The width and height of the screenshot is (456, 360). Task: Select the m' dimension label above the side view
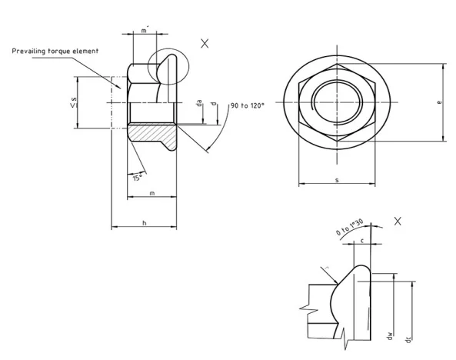tap(145, 31)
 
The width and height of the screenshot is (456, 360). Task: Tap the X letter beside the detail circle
tap(205, 44)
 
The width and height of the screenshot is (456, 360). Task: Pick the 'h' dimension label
tap(145, 222)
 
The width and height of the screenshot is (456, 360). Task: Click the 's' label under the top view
tap(337, 179)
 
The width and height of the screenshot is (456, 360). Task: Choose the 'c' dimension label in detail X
tap(361, 241)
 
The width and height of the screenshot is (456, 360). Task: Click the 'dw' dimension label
tap(391, 336)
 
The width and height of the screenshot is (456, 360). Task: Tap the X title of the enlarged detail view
tap(398, 221)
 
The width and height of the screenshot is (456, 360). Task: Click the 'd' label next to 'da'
tap(212, 104)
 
